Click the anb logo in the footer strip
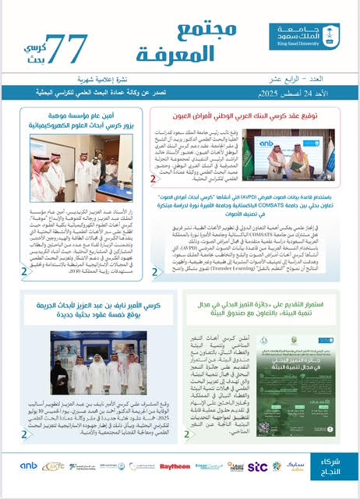pyautogui.click(x=30, y=466)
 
